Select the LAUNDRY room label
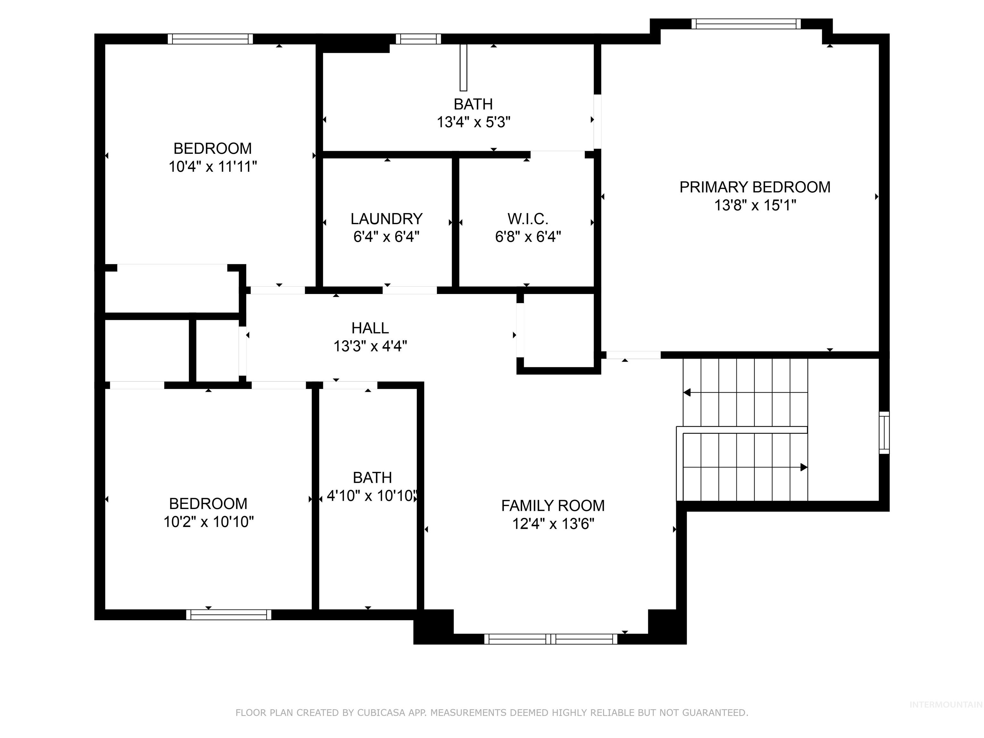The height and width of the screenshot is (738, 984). click(386, 219)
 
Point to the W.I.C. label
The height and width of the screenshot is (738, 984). click(528, 219)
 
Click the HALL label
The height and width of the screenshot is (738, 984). click(370, 328)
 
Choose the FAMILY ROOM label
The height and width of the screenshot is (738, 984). click(553, 506)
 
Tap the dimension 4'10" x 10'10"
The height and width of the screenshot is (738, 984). click(371, 496)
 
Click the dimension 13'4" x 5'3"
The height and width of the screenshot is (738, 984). click(473, 122)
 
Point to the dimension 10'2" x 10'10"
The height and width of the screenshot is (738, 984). click(208, 522)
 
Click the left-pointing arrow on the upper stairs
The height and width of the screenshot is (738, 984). click(687, 392)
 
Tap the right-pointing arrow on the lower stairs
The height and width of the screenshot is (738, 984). click(803, 467)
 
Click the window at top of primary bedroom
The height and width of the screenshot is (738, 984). click(746, 24)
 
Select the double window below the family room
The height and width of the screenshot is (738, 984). click(550, 639)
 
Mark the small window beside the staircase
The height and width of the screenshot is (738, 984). click(884, 432)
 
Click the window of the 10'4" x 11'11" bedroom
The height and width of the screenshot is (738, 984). click(210, 39)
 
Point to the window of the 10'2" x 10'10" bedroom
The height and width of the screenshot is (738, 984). click(228, 614)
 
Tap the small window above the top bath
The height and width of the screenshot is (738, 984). click(418, 39)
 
